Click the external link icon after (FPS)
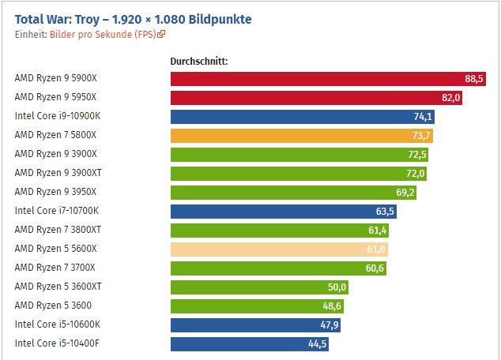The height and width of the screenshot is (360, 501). (162, 35)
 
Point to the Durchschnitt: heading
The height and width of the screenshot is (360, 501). (199, 61)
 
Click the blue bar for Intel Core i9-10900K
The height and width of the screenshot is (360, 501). (300, 116)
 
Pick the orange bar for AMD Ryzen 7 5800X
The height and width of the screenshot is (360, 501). (300, 135)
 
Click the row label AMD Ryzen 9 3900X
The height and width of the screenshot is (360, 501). (56, 154)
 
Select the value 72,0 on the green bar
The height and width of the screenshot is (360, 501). (416, 173)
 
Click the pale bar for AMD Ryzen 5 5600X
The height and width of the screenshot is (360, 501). (277, 249)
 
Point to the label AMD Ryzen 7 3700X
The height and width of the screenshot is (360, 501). (56, 268)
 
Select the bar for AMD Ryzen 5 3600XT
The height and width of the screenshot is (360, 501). (253, 287)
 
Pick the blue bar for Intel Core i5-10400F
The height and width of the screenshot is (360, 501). (245, 343)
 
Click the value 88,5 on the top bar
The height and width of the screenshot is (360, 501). (474, 78)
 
